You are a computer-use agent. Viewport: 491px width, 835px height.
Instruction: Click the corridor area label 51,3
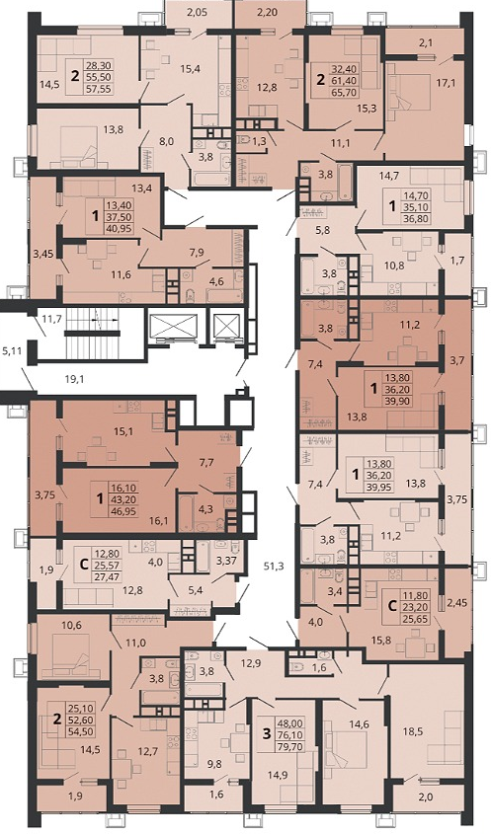pos(274,567)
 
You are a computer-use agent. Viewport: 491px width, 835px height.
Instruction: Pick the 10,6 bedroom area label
pos(71,625)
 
